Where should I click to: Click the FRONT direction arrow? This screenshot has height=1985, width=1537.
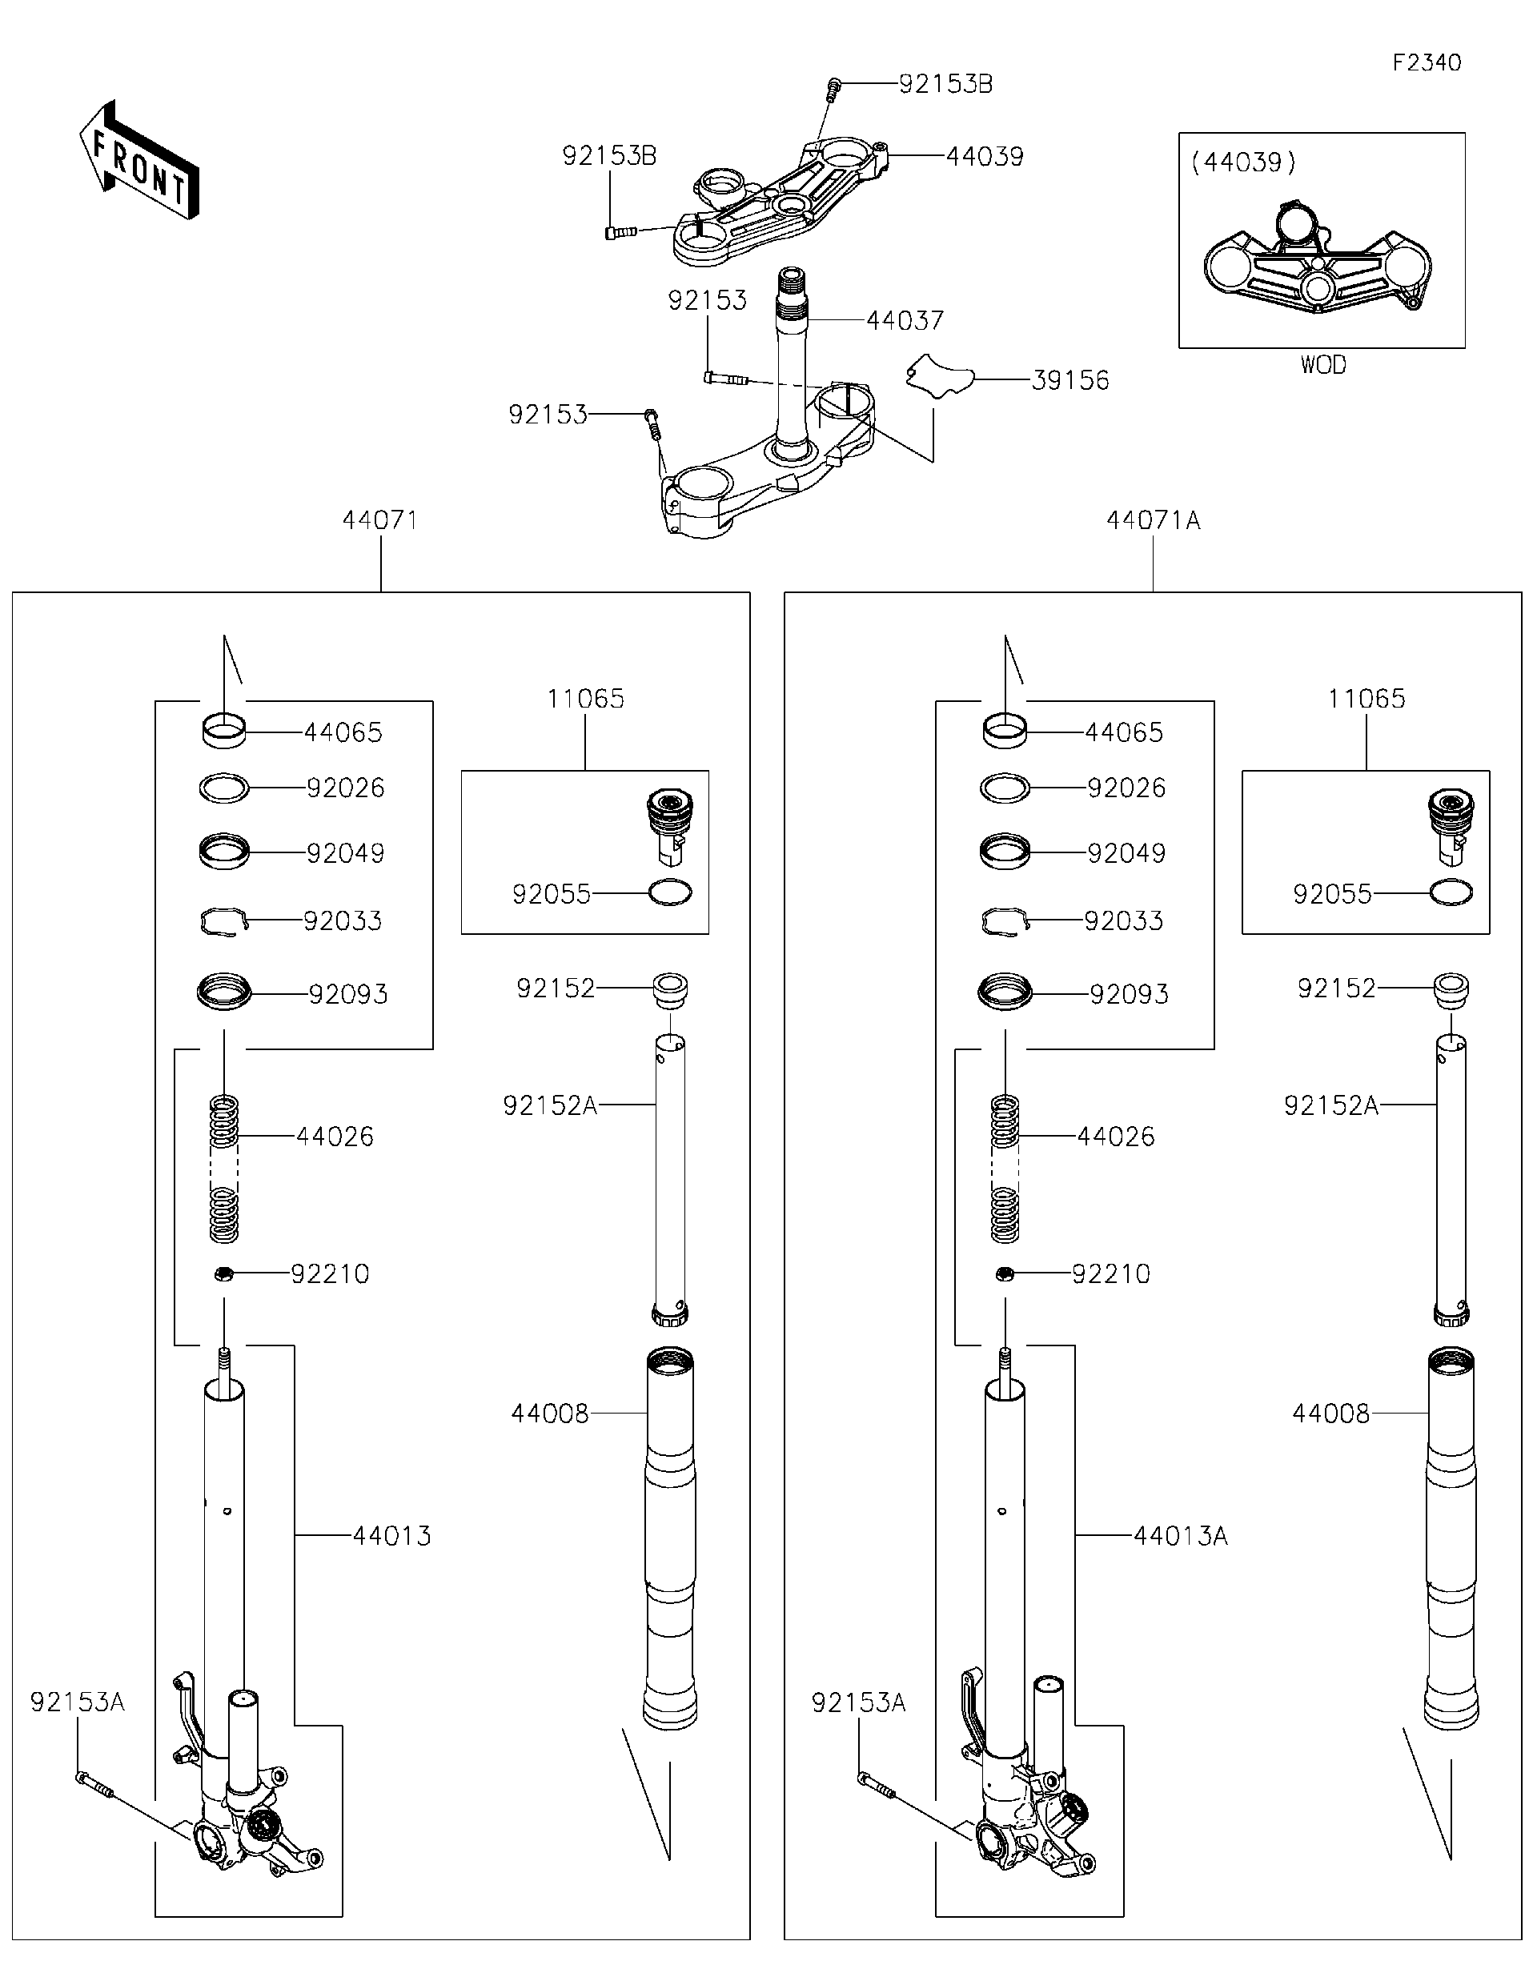click(x=138, y=161)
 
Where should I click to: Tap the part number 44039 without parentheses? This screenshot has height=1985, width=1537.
click(x=985, y=156)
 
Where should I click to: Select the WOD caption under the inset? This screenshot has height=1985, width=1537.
click(x=1322, y=365)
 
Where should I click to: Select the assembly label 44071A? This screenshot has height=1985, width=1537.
click(x=1153, y=521)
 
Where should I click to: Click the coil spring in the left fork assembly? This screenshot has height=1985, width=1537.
click(x=223, y=1168)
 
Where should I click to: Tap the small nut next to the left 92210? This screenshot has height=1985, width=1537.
click(x=223, y=1274)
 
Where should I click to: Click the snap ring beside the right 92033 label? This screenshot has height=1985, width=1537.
click(x=1005, y=921)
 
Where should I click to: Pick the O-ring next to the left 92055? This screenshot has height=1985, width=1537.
click(x=670, y=892)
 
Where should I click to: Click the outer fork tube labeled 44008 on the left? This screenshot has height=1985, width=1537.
click(x=670, y=1536)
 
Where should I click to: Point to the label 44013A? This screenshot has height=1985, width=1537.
click(x=1180, y=1536)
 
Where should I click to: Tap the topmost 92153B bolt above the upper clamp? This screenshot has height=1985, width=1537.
click(x=833, y=88)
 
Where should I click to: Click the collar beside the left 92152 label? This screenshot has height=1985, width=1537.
click(x=670, y=988)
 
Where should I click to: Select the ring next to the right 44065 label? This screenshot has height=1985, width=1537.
click(x=1005, y=732)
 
